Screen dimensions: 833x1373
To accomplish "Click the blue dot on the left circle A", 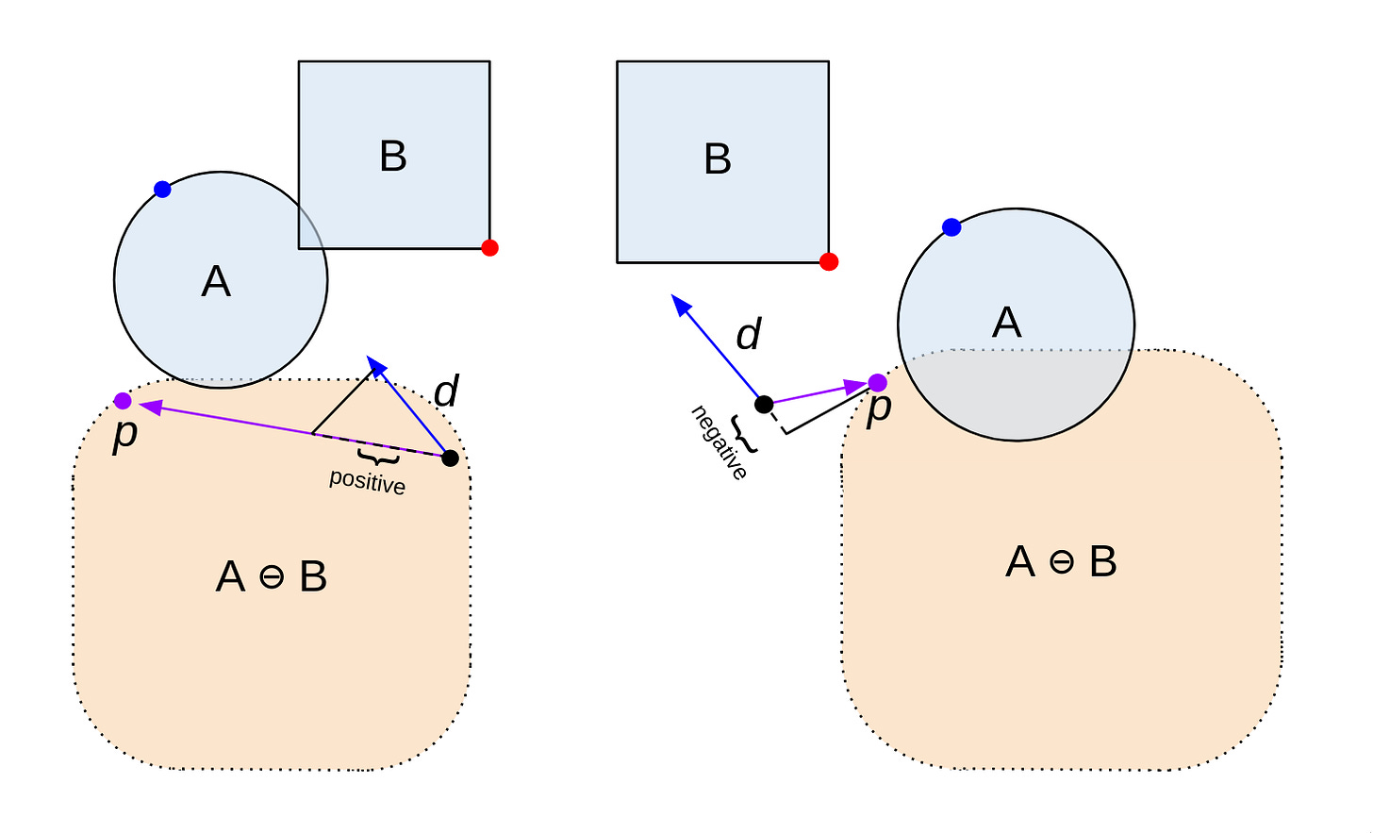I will pos(162,189).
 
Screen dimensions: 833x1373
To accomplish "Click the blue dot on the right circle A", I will pos(951,227).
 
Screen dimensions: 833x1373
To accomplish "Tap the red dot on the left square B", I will pos(489,248).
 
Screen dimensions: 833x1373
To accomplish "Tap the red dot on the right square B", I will pos(829,261).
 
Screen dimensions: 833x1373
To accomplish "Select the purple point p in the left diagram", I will pos(123,401).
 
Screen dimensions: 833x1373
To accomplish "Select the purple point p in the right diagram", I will pos(877,382).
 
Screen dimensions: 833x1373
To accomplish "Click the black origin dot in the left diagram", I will pos(450,458).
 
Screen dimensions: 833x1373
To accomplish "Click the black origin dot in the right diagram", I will pos(765,405).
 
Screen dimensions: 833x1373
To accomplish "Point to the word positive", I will pos(367,482).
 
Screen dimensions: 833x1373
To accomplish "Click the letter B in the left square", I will pos(393,157).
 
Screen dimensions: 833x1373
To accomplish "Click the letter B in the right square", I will pos(718,159).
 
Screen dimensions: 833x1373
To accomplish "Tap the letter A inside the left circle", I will pos(216,282).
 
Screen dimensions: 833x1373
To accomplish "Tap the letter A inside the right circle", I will pos(1007,324).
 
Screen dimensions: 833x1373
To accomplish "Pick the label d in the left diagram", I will pos(446,391).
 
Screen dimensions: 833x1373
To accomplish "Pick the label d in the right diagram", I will pos(749,335).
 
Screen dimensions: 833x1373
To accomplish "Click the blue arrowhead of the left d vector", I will pos(375,365).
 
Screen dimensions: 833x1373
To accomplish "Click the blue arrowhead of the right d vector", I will pos(680,304).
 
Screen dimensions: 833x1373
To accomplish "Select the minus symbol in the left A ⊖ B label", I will pos(272,577).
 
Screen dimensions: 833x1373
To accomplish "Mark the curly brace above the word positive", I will pos(378,459).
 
